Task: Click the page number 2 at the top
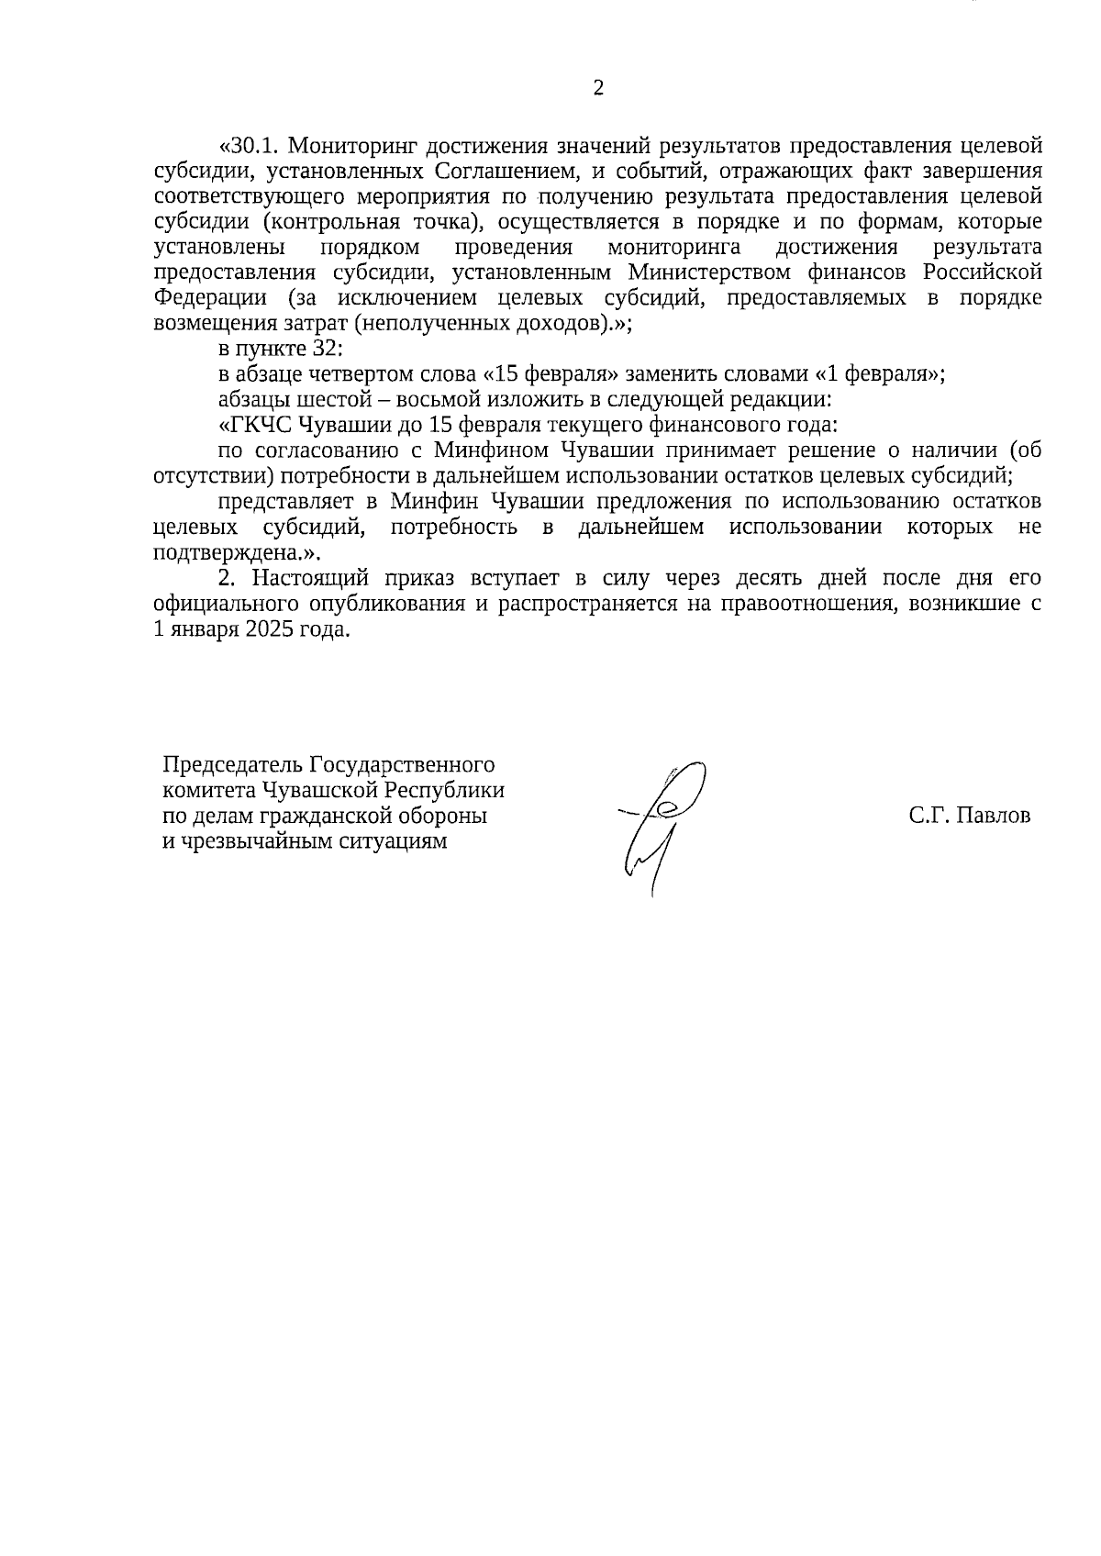click(599, 88)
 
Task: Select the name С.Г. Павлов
click(970, 816)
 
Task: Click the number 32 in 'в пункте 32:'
click(327, 350)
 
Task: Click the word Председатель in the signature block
click(233, 765)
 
